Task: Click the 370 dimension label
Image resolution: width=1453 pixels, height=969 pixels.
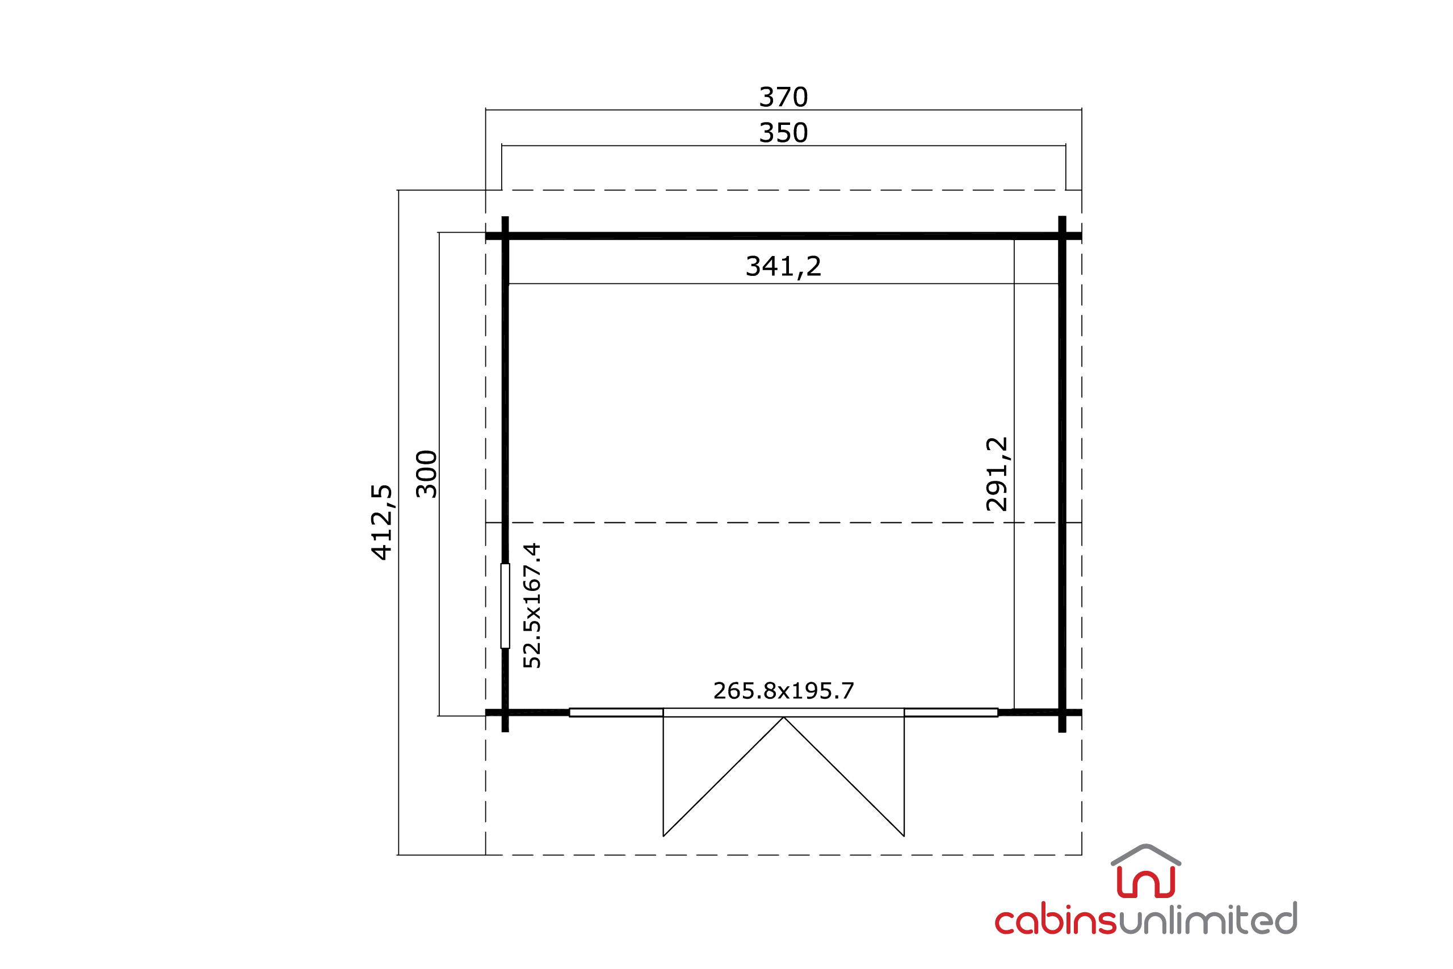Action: pos(783,97)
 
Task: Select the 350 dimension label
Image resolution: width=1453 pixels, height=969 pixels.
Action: pos(783,133)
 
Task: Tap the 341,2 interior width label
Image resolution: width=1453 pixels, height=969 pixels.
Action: pos(783,267)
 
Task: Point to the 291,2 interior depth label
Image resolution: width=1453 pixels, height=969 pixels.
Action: pos(997,474)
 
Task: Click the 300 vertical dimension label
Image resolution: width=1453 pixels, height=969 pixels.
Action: pos(427,474)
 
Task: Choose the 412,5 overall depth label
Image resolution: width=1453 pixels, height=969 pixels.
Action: pos(382,522)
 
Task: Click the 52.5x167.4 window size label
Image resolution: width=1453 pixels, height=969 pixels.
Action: pos(532,606)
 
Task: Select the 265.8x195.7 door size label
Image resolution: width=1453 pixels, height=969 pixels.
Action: pos(783,691)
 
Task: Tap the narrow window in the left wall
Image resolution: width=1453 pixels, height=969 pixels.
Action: pos(505,606)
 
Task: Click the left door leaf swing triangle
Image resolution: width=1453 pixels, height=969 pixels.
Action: pos(724,777)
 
